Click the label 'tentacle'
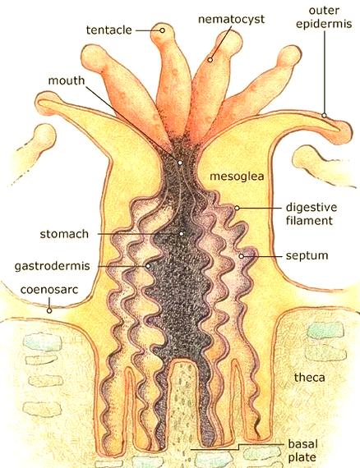tap(109, 30)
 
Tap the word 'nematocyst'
tap(231, 20)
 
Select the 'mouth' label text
tap(67, 80)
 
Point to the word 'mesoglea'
tap(237, 177)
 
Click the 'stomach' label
tap(64, 234)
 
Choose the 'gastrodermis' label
tap(53, 266)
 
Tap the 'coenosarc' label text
tap(49, 290)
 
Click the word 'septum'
tap(307, 256)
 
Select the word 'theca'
tap(309, 378)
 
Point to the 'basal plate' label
tap(302, 451)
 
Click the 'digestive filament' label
tap(312, 214)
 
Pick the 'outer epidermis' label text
tap(324, 17)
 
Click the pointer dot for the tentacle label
tap(162, 30)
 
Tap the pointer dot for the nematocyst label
tap(210, 60)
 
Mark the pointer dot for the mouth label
tap(180, 163)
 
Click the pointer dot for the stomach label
tap(181, 234)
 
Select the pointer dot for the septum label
tap(242, 256)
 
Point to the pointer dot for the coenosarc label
tap(49, 310)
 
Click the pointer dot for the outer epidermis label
tap(324, 115)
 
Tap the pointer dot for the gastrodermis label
tap(148, 266)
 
